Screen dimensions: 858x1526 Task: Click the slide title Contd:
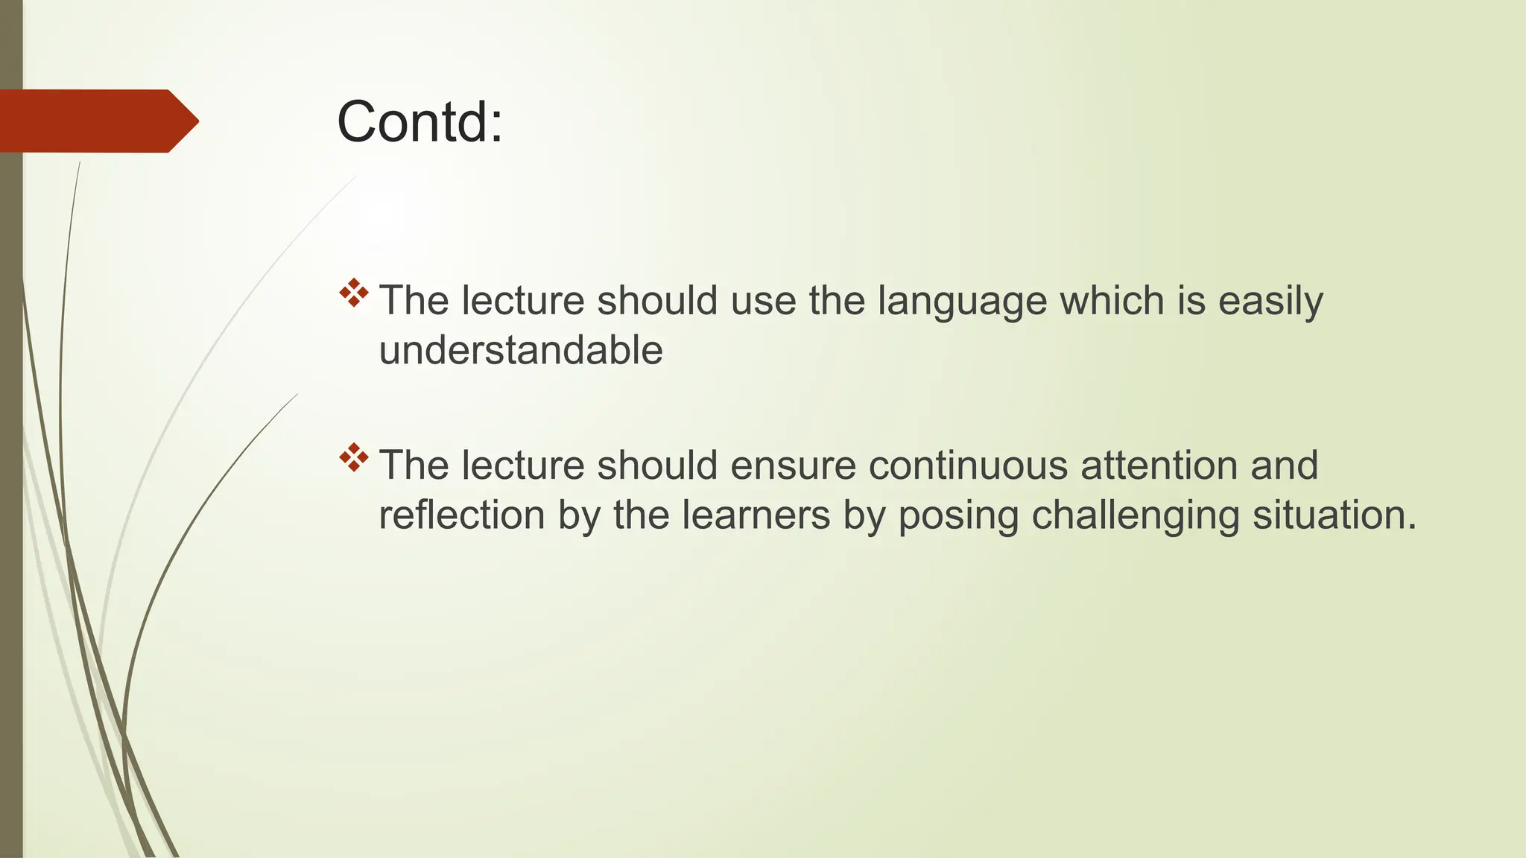click(420, 122)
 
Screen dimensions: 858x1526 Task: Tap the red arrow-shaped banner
click(97, 121)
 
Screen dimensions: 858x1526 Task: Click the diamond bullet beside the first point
click(354, 293)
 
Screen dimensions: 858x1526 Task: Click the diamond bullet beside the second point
click(354, 457)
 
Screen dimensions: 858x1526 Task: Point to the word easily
click(1270, 302)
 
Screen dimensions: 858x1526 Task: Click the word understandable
click(521, 350)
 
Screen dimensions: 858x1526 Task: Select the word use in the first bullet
click(763, 302)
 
